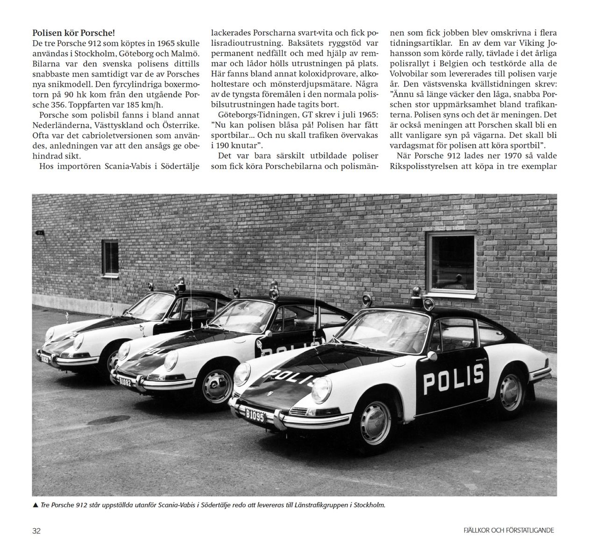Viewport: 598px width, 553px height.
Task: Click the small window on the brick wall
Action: coord(110,256)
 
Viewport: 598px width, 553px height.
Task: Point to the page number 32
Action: coord(36,531)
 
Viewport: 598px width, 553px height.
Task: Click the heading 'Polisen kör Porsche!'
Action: coord(73,33)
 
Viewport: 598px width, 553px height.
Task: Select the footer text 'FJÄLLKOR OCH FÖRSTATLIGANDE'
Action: coord(506,531)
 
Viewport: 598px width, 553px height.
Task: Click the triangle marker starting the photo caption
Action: coord(36,505)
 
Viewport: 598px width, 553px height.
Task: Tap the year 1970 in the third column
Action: coord(483,156)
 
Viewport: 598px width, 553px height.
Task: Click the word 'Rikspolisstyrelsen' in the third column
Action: coord(422,166)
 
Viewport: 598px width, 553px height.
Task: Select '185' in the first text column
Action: coord(130,105)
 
